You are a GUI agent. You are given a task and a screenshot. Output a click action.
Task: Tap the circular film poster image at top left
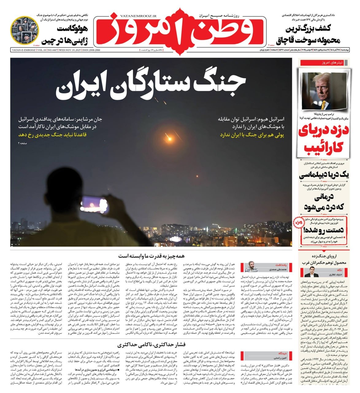[25, 30]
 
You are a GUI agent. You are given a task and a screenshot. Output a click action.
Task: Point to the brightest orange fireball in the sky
[169, 139]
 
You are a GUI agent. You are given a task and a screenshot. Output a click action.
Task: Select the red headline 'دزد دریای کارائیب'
[324, 139]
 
